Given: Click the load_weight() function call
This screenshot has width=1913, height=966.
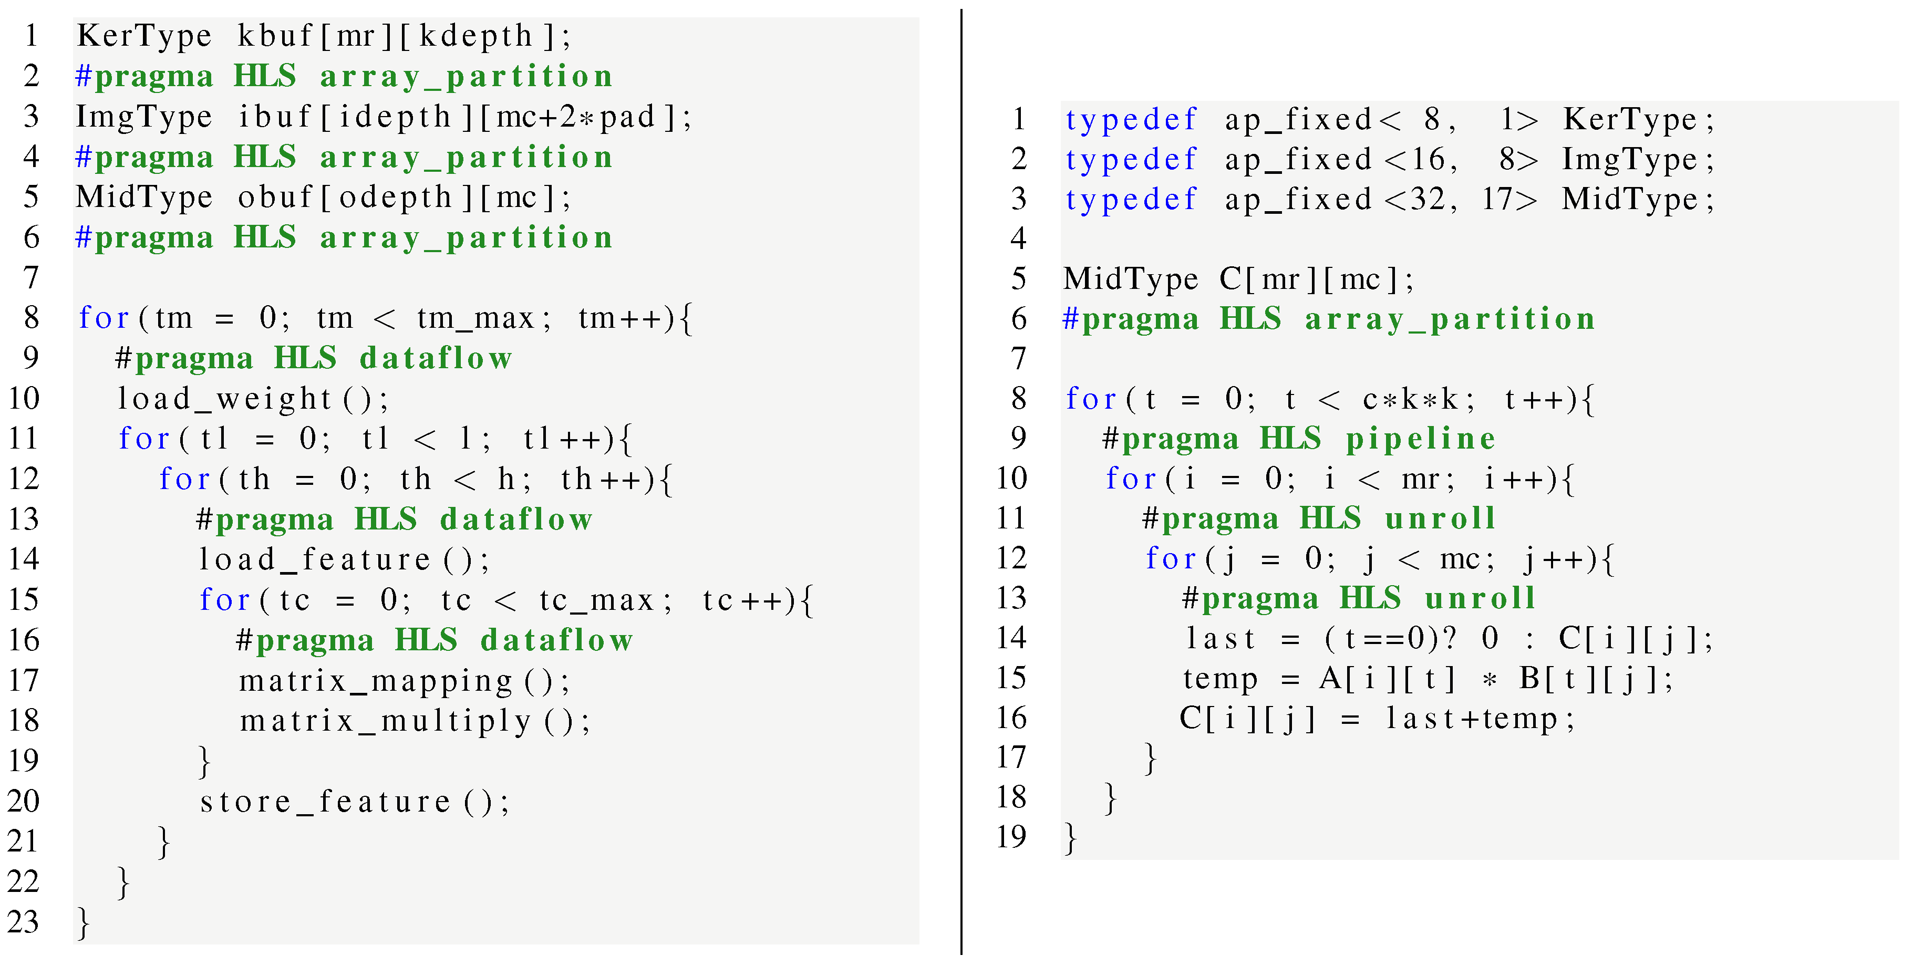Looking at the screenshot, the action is (253, 399).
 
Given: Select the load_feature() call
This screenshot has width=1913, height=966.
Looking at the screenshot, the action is (344, 559).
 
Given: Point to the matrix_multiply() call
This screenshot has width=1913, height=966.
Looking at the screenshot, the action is (415, 721).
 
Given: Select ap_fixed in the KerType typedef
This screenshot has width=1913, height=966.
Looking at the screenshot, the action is (1297, 120).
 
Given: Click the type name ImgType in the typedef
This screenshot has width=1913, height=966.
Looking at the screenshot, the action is (1629, 160).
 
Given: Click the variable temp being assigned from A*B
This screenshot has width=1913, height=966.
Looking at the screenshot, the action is (1220, 679).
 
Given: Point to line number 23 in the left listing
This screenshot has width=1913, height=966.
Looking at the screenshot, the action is (23, 921).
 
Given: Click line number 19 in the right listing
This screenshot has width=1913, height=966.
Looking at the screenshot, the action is (1011, 837).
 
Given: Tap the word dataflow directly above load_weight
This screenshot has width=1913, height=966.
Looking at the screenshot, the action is (436, 359).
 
